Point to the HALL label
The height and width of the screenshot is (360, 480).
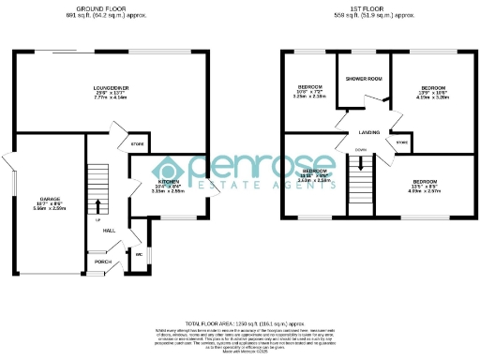pos(109,231)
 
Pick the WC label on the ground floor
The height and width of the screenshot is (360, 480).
pos(138,254)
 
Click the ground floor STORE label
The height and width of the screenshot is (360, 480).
pos(137,145)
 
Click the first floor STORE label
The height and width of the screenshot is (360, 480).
pos(401,142)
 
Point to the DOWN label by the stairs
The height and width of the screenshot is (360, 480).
pos(361,148)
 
